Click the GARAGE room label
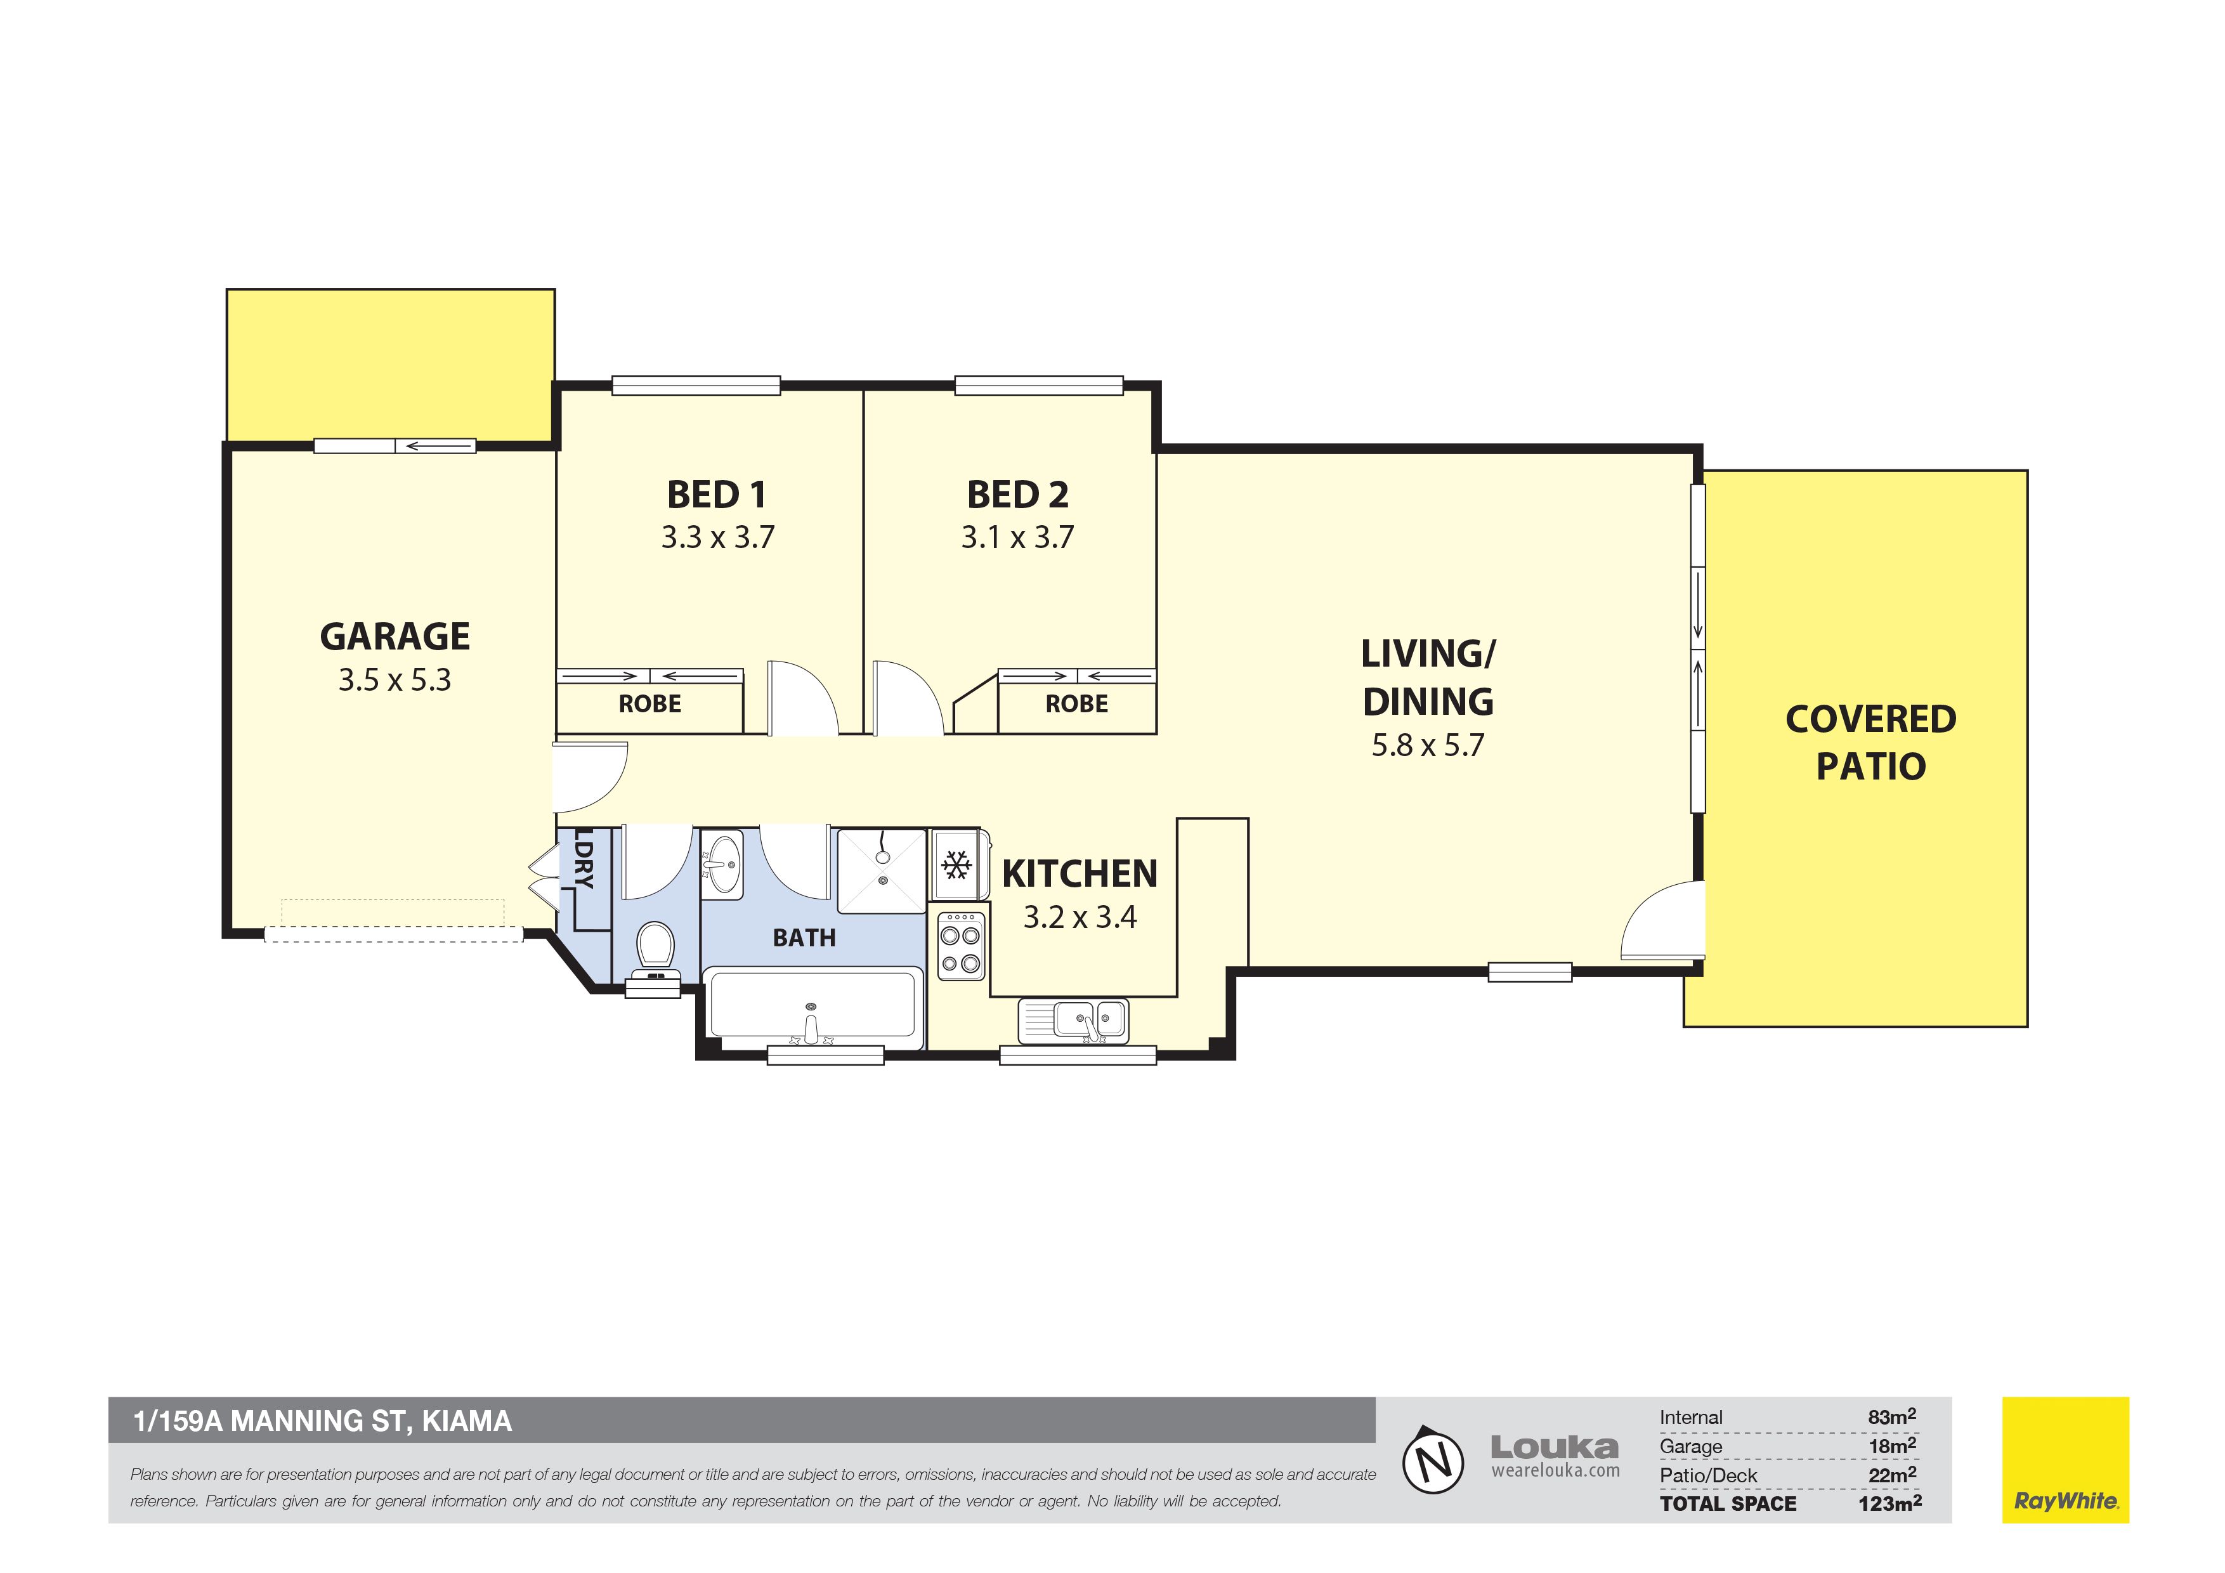click(x=395, y=637)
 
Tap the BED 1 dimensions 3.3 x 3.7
click(x=718, y=537)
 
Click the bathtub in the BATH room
click(x=813, y=1008)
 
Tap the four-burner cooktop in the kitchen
click(x=960, y=946)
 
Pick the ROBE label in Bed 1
click(x=650, y=703)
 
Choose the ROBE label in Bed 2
click(x=1076, y=703)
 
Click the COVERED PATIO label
click(x=1871, y=742)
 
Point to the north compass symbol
click(x=1434, y=1459)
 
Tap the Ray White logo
click(x=2066, y=1459)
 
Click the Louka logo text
click(x=1555, y=1447)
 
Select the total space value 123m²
click(x=1889, y=1503)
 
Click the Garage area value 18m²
click(x=1893, y=1446)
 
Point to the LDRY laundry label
click(x=584, y=857)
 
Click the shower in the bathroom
click(x=882, y=870)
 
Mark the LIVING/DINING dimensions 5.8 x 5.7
click(x=1428, y=745)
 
